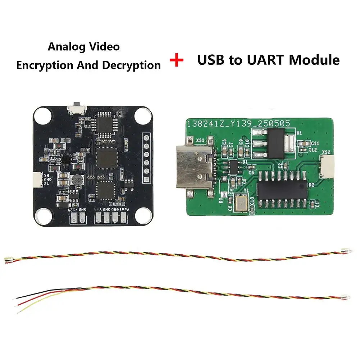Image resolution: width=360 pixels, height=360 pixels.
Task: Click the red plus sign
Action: click(x=176, y=60)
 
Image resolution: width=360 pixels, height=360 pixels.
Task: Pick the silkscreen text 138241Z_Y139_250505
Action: click(x=238, y=123)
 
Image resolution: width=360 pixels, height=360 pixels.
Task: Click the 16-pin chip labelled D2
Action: click(x=283, y=189)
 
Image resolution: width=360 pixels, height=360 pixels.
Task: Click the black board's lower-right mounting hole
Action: click(x=142, y=217)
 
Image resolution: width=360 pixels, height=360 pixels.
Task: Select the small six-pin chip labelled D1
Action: click(x=234, y=166)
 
